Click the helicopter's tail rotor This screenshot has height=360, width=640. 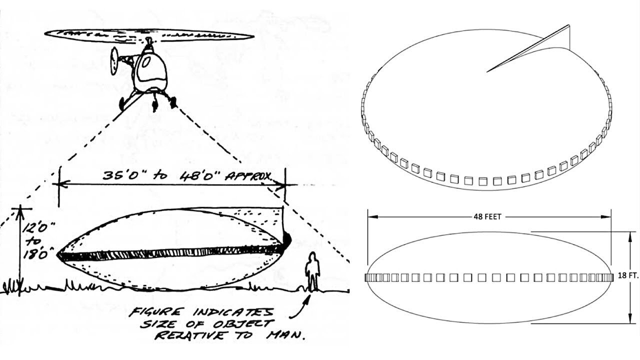[114, 61]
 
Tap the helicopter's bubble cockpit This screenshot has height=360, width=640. [151, 71]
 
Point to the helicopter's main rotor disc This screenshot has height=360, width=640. [149, 36]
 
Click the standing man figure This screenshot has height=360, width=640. [312, 271]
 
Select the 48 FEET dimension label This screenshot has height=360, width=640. [487, 217]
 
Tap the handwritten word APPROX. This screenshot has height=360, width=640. [248, 177]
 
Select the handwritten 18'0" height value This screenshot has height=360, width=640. [39, 254]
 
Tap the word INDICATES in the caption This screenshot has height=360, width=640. [232, 312]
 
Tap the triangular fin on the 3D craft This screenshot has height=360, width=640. [528, 48]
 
